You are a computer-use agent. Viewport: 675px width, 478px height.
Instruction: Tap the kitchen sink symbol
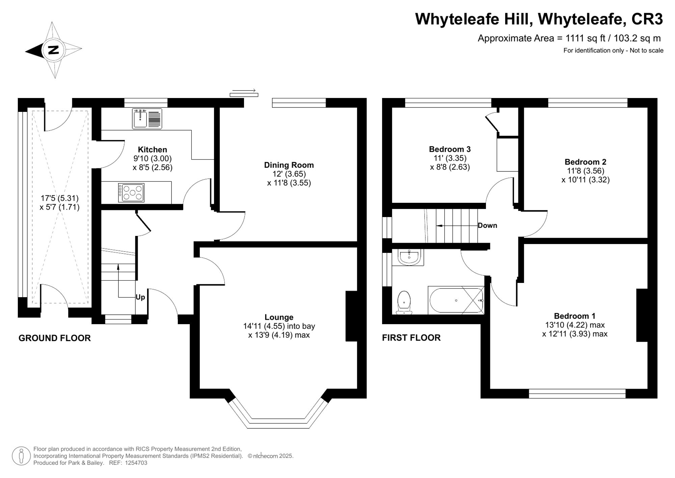[x=147, y=119]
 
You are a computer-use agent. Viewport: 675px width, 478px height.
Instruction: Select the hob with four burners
[x=131, y=193]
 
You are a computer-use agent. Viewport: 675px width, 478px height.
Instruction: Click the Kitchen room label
[x=152, y=149]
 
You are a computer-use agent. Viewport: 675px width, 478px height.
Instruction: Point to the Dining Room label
[x=289, y=165]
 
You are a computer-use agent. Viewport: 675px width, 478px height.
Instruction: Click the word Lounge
[x=279, y=317]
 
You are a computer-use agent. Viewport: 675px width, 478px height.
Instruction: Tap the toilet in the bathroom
[x=404, y=303]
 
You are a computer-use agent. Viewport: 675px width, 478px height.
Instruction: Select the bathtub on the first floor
[x=456, y=300]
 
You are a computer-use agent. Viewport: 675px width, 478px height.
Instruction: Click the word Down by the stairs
[x=487, y=225]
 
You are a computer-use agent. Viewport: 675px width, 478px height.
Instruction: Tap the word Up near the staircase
[x=140, y=297]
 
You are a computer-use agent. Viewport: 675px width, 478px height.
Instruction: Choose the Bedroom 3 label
[x=450, y=149]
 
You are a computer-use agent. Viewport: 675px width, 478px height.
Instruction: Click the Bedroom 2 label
[x=585, y=162]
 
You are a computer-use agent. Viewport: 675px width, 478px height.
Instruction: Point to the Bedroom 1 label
[x=574, y=316]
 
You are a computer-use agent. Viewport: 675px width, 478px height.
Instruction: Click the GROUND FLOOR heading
[x=54, y=338]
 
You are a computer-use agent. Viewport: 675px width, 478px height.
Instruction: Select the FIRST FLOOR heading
[x=411, y=337]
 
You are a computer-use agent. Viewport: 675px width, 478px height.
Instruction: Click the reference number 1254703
[x=136, y=463]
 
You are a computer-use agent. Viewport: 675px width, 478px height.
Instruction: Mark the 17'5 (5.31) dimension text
[x=59, y=198]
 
